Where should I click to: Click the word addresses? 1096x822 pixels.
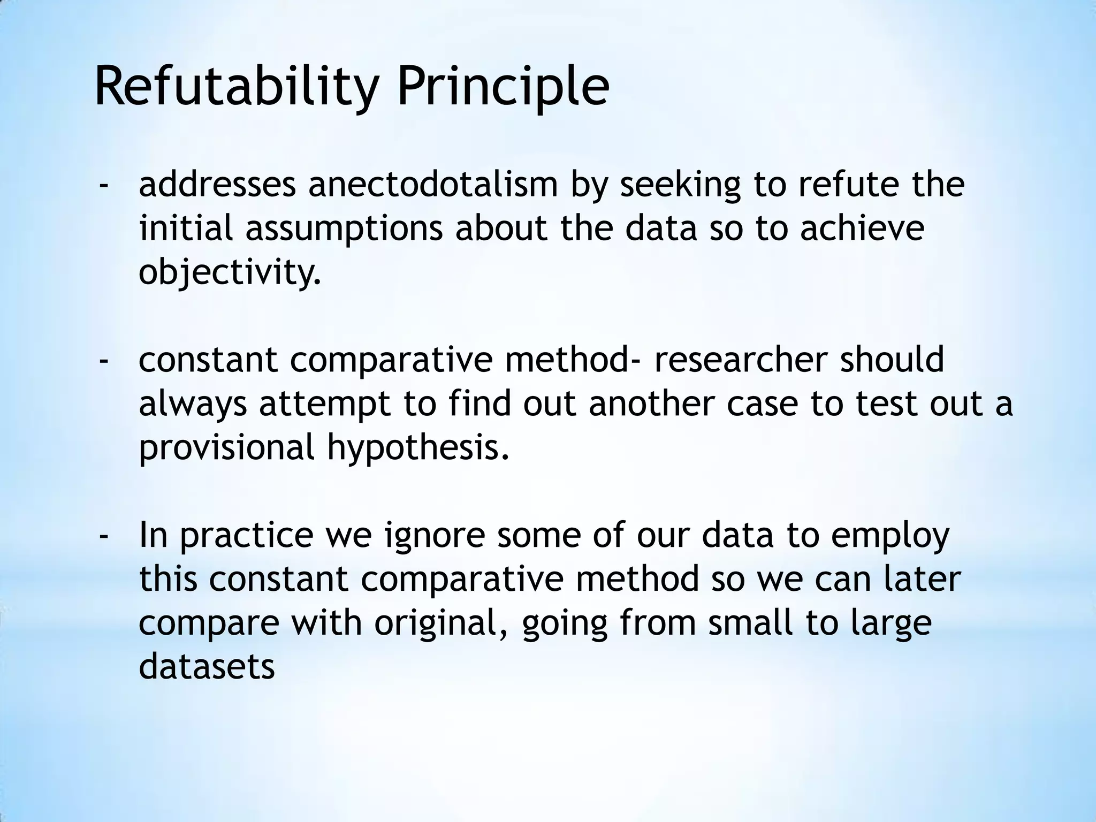217,184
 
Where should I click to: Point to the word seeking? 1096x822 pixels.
680,184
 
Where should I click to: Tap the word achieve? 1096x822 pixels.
862,228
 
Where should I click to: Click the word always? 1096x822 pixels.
193,404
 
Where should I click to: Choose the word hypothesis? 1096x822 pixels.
417,447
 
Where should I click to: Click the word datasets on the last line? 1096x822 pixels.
207,667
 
